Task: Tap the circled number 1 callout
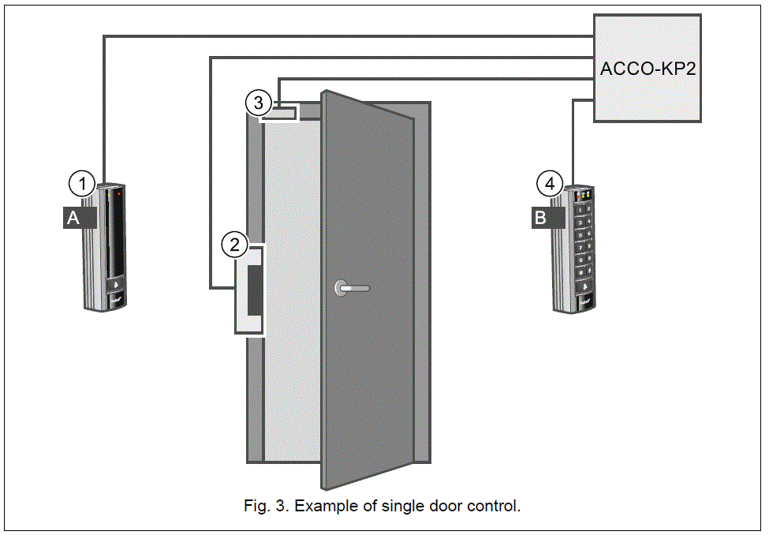pos(82,184)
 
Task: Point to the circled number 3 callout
pos(257,103)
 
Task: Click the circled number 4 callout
pos(550,184)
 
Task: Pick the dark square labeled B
pos(540,219)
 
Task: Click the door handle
pos(350,288)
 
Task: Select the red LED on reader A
pos(119,192)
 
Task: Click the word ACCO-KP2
pos(648,69)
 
